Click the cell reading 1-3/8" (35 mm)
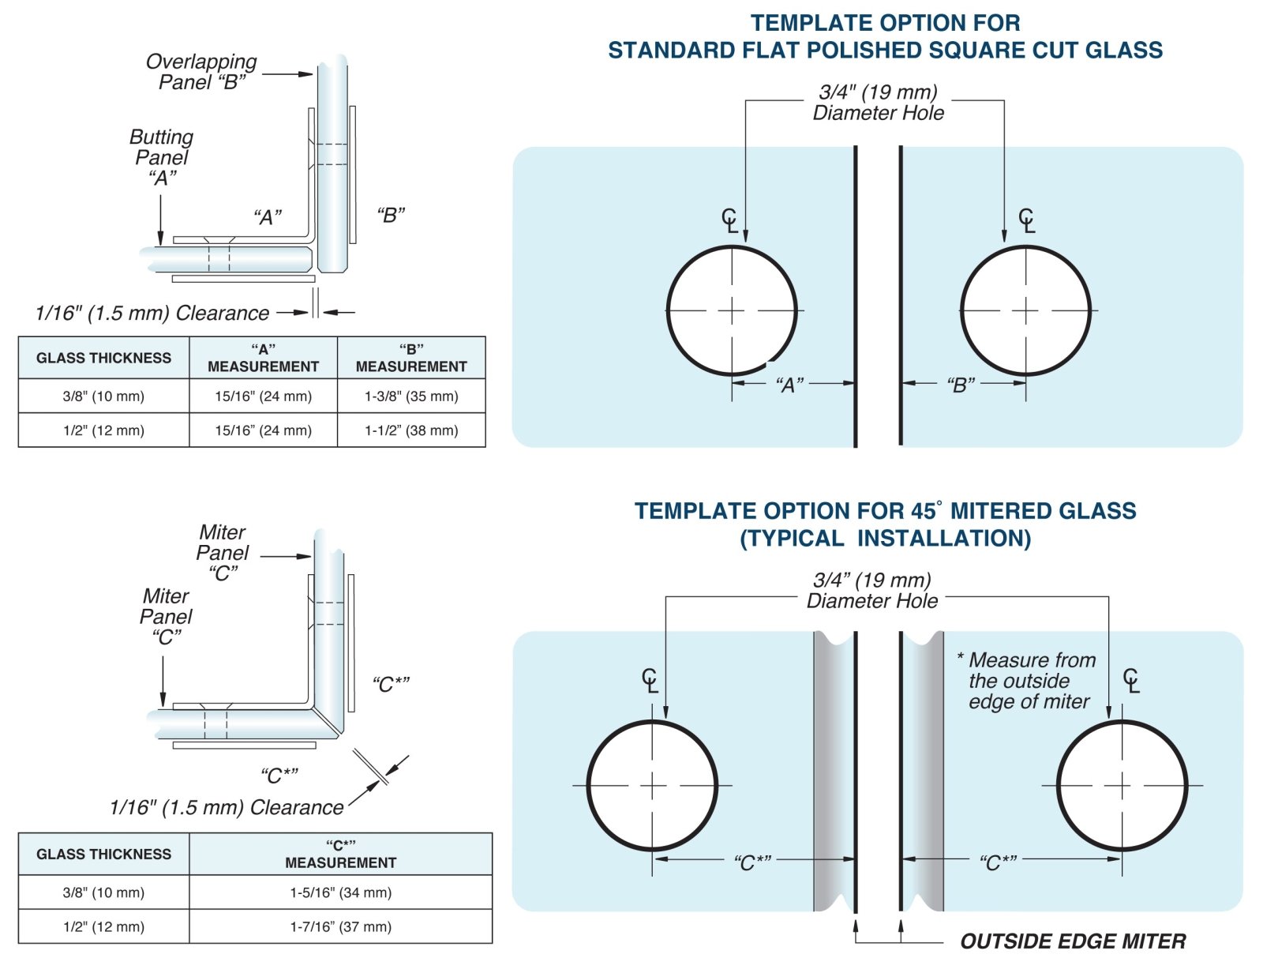pyautogui.click(x=411, y=396)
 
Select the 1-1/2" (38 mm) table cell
pyautogui.click(x=411, y=430)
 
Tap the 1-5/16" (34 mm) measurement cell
pyautogui.click(x=340, y=892)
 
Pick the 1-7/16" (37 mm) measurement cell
pyautogui.click(x=340, y=926)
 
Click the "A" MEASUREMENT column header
pyautogui.click(x=263, y=358)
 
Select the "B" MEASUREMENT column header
pyautogui.click(x=411, y=358)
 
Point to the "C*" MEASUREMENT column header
pyautogui.click(x=340, y=854)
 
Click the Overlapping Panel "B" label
pyautogui.click(x=201, y=72)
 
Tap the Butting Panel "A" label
pyautogui.click(x=162, y=157)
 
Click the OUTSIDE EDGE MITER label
pyautogui.click(x=1073, y=941)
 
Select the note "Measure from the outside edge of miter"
pyautogui.click(x=1029, y=681)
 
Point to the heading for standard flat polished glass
pyautogui.click(x=885, y=36)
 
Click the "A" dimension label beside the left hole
pyautogui.click(x=789, y=385)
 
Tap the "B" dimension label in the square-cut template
pyautogui.click(x=961, y=385)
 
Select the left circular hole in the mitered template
pyautogui.click(x=652, y=785)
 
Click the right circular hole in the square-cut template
pyautogui.click(x=1025, y=310)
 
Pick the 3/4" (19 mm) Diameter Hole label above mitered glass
pyautogui.click(x=872, y=591)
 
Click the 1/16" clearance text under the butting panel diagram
pyautogui.click(x=152, y=314)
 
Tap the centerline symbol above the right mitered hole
pyautogui.click(x=1131, y=680)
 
